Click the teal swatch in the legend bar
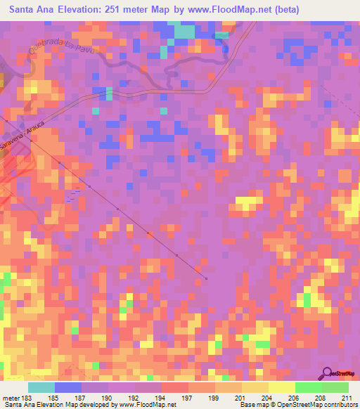pos(41,387)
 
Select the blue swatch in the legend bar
pos(68,387)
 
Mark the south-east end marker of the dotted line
pos(206,279)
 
